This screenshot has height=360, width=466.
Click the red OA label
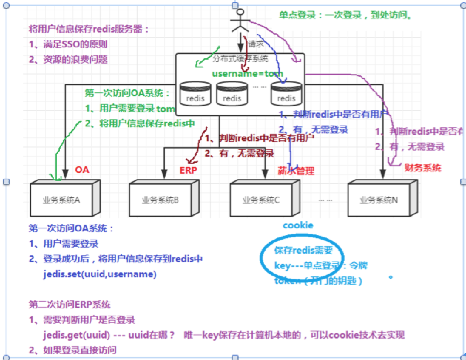(x=82, y=170)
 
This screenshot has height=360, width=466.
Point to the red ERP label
(x=189, y=170)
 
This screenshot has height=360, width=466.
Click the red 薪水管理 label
(x=296, y=171)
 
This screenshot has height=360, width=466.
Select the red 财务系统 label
(x=422, y=168)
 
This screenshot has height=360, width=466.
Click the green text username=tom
(x=247, y=73)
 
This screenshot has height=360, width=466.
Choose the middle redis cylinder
(x=232, y=94)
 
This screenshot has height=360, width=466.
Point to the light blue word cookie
(x=298, y=225)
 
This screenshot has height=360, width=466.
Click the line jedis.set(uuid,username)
(x=100, y=274)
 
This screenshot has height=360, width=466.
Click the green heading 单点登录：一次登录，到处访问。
(x=345, y=15)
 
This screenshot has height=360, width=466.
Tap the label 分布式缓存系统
(x=240, y=58)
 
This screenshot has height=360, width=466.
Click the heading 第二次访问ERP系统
(x=70, y=305)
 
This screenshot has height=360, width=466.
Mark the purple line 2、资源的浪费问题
(x=68, y=59)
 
